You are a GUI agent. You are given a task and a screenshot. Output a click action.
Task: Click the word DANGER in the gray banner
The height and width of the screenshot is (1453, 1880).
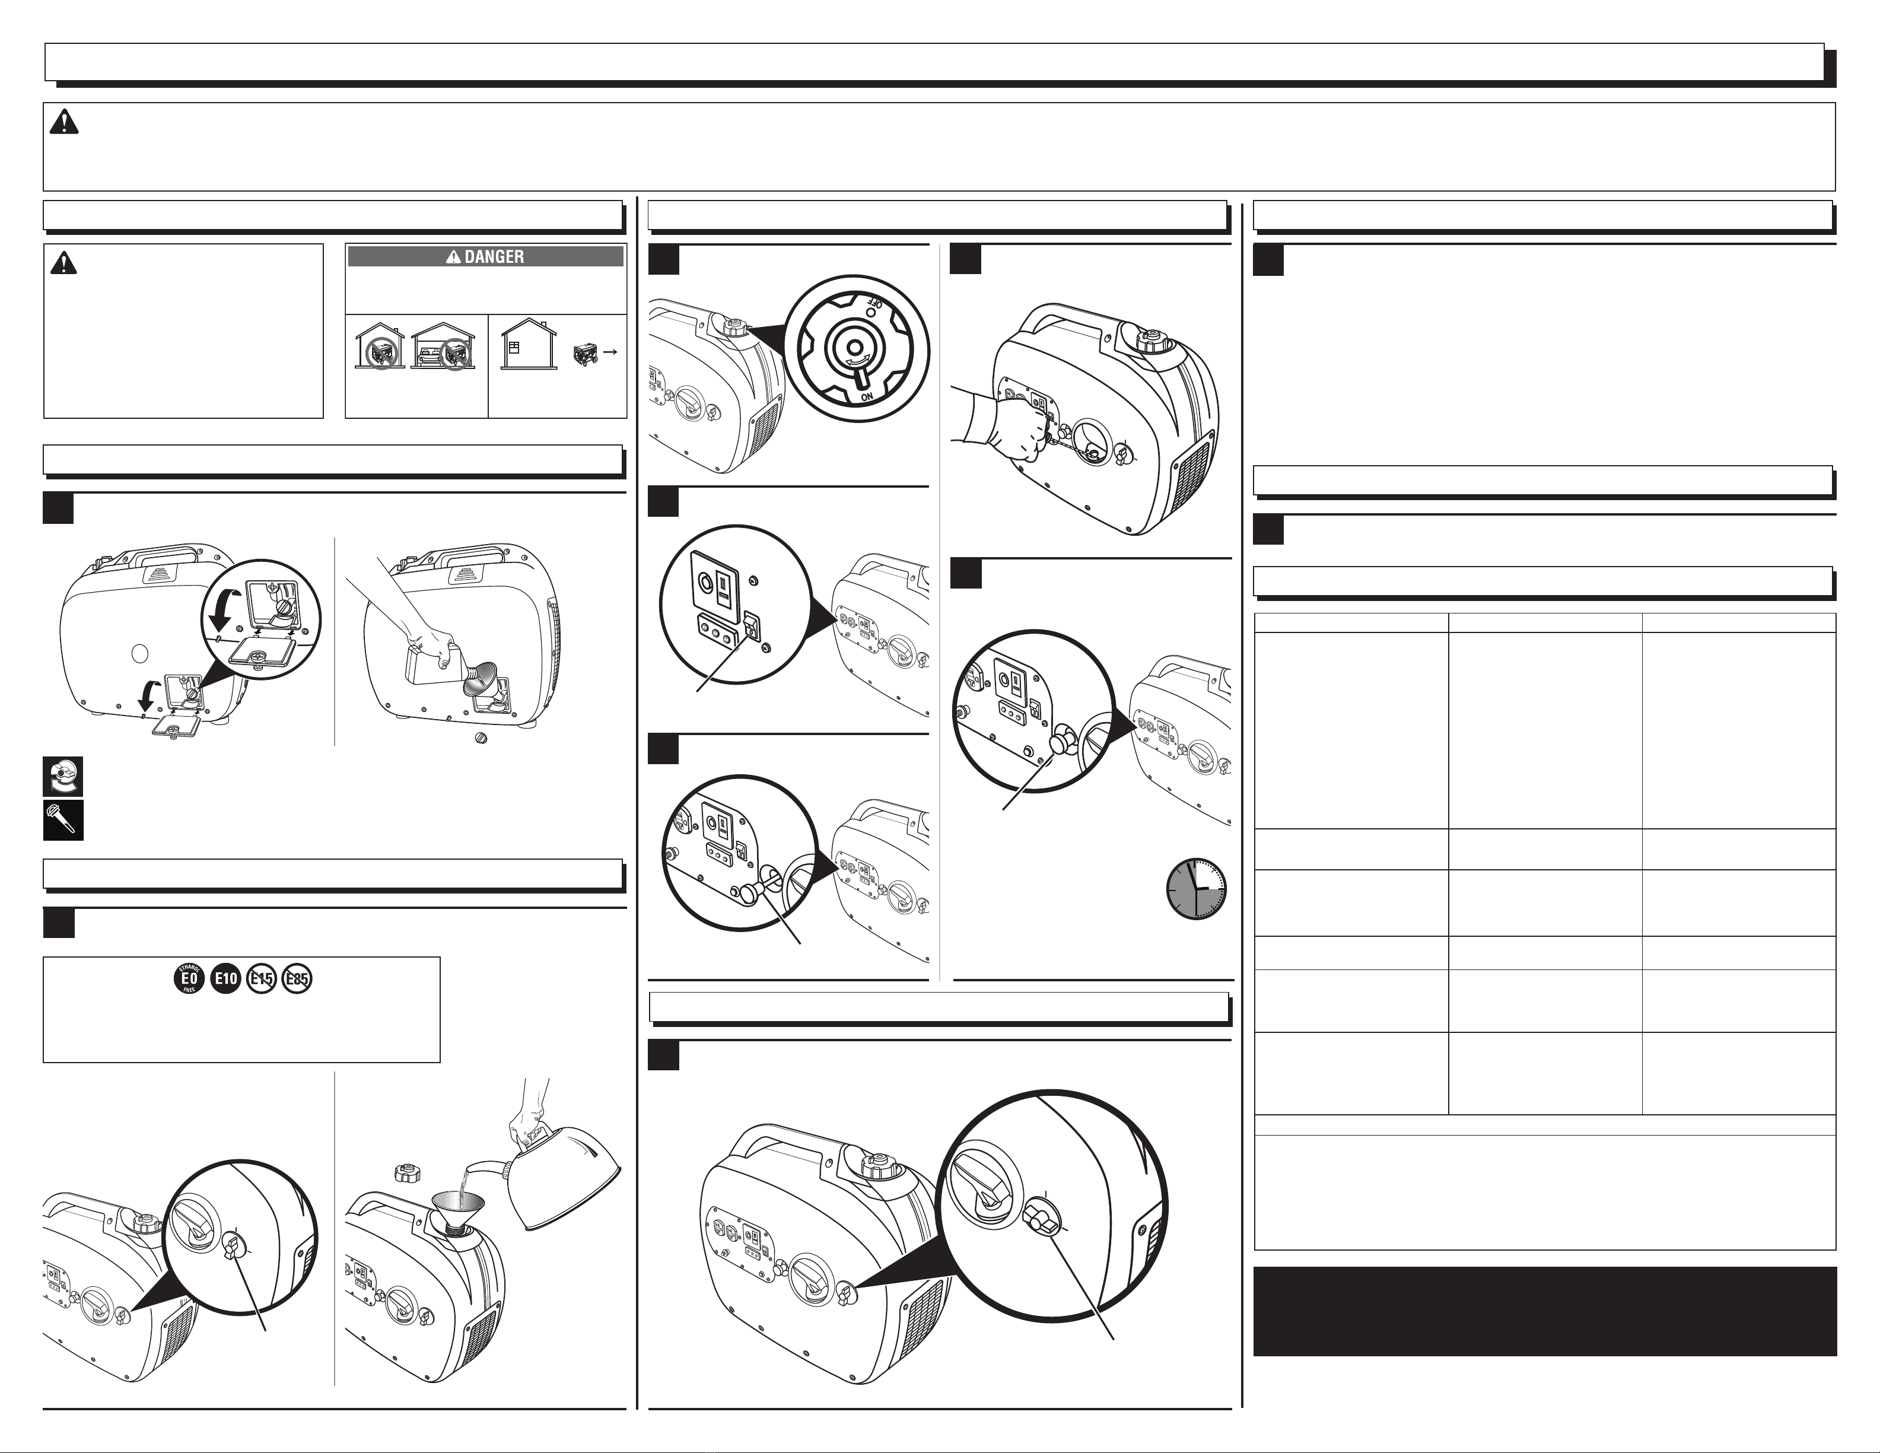(494, 256)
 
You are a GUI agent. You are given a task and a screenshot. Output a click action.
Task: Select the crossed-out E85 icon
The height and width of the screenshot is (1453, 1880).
(297, 978)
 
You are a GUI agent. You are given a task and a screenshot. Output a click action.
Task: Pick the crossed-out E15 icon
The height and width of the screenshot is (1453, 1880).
(262, 978)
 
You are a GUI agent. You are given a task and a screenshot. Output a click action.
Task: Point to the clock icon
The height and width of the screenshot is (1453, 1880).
(1197, 888)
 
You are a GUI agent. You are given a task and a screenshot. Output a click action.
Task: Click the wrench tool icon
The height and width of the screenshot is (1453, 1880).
(63, 821)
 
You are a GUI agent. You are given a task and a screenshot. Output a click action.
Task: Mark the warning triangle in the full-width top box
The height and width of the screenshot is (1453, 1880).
(63, 123)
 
